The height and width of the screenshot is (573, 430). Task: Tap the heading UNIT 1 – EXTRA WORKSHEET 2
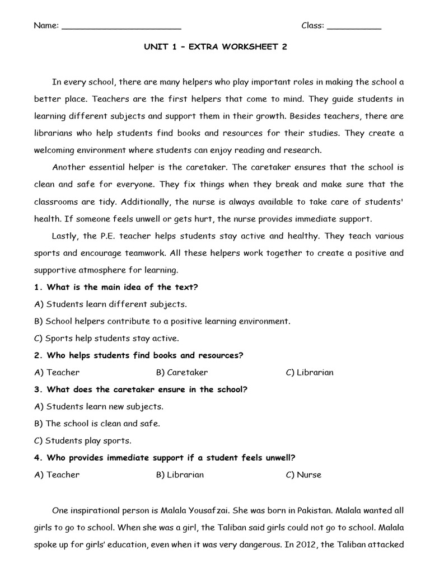(215, 47)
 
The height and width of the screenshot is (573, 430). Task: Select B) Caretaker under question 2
(182, 372)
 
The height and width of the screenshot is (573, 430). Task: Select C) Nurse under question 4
(303, 475)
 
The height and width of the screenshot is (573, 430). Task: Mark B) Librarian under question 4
(180, 475)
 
